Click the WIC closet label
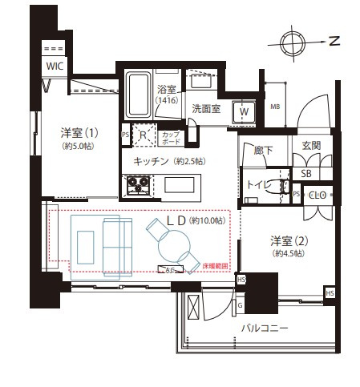coord(55,66)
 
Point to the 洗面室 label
coord(205,109)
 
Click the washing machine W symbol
coord(245,112)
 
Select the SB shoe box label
coord(306,173)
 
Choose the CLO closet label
coord(318,196)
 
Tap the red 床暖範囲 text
coord(214,265)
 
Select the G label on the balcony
coord(239,305)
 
